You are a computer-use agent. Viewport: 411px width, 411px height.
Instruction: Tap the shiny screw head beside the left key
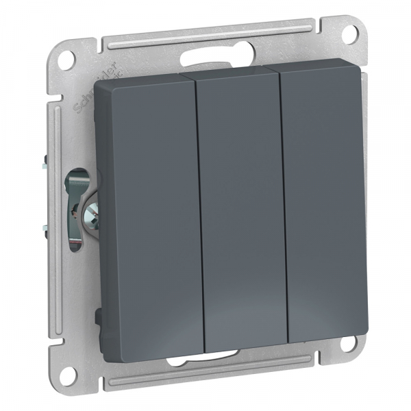(x=88, y=219)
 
